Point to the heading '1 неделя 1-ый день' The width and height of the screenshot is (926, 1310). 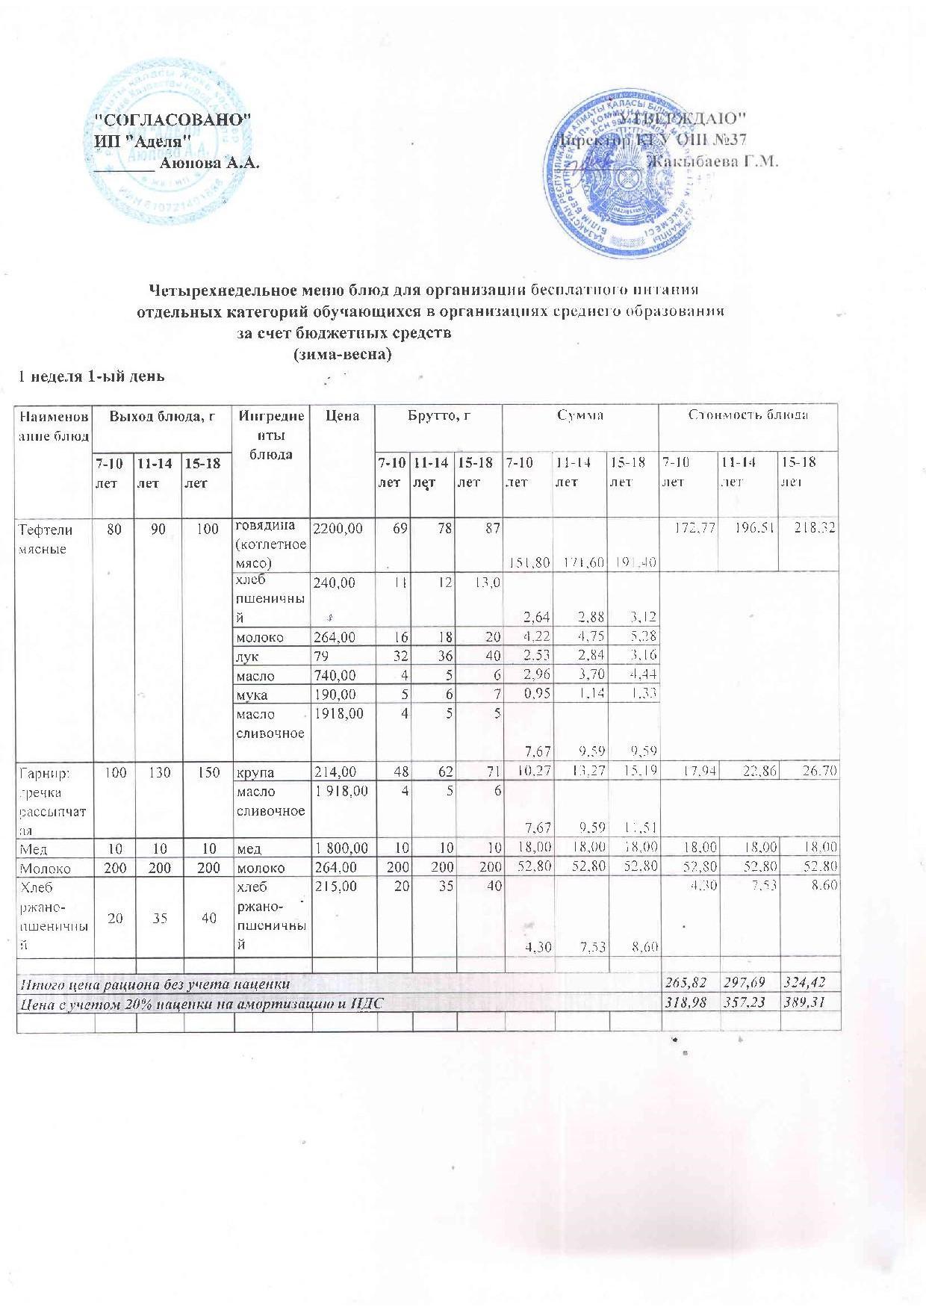91,376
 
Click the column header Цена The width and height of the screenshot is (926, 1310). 343,415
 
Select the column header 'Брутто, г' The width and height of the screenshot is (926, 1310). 438,415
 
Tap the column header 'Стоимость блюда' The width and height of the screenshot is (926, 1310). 748,415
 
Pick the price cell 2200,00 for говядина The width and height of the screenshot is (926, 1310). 338,529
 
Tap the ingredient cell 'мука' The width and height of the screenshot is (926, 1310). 249,695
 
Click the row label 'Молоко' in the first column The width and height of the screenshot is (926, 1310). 46,869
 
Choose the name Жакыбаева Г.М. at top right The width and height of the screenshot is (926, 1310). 713,161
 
